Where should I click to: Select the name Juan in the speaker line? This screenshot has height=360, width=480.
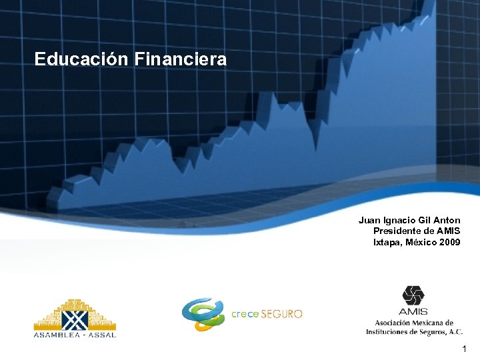[x=369, y=220]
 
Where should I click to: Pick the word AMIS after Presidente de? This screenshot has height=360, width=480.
[x=447, y=231]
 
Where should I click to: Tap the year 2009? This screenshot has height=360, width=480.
[x=450, y=242]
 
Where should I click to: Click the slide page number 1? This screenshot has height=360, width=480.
[x=464, y=349]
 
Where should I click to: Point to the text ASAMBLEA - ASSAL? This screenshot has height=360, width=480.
[x=75, y=335]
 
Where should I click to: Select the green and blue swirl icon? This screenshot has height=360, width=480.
[x=203, y=313]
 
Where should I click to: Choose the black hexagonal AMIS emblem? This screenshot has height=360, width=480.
[x=413, y=295]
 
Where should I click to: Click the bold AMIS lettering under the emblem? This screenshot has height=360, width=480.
[x=413, y=311]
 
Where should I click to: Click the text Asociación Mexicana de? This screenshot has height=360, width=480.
[x=413, y=323]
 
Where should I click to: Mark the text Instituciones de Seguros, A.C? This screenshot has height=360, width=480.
[x=414, y=331]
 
